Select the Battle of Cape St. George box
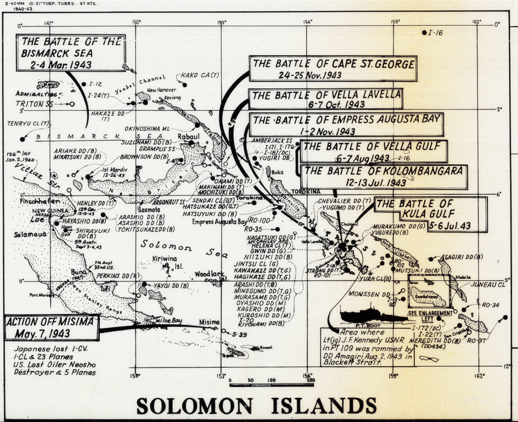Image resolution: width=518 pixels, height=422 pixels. click(x=332, y=69)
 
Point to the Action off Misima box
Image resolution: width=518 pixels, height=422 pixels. click(x=52, y=328)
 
